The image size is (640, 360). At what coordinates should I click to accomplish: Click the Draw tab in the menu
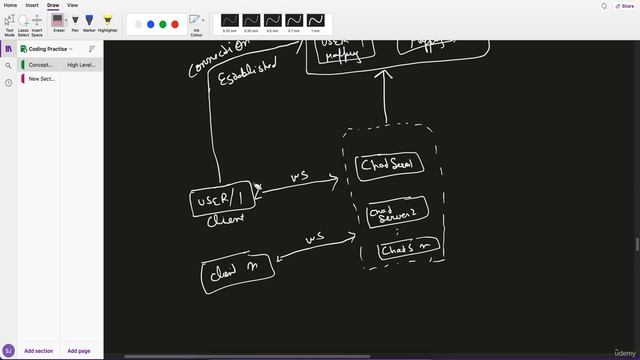52,5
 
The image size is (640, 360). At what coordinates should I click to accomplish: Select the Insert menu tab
31,5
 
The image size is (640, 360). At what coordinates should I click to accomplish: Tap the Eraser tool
59,21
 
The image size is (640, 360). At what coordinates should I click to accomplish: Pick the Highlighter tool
107,21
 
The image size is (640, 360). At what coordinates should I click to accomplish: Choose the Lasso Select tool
23,21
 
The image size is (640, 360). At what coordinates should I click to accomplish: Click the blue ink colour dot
151,24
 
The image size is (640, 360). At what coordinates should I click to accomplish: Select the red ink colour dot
175,24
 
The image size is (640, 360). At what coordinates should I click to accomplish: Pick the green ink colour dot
163,24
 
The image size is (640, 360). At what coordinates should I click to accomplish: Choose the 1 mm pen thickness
316,20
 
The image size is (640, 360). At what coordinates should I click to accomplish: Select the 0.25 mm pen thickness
229,20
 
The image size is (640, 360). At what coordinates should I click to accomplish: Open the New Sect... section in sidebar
42,78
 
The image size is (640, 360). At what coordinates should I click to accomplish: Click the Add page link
78,351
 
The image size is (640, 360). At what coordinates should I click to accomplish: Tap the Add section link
38,351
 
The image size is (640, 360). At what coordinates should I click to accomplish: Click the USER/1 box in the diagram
222,199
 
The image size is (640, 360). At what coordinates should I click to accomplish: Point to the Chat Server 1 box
388,166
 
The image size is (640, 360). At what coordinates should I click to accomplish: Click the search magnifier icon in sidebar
9,65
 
